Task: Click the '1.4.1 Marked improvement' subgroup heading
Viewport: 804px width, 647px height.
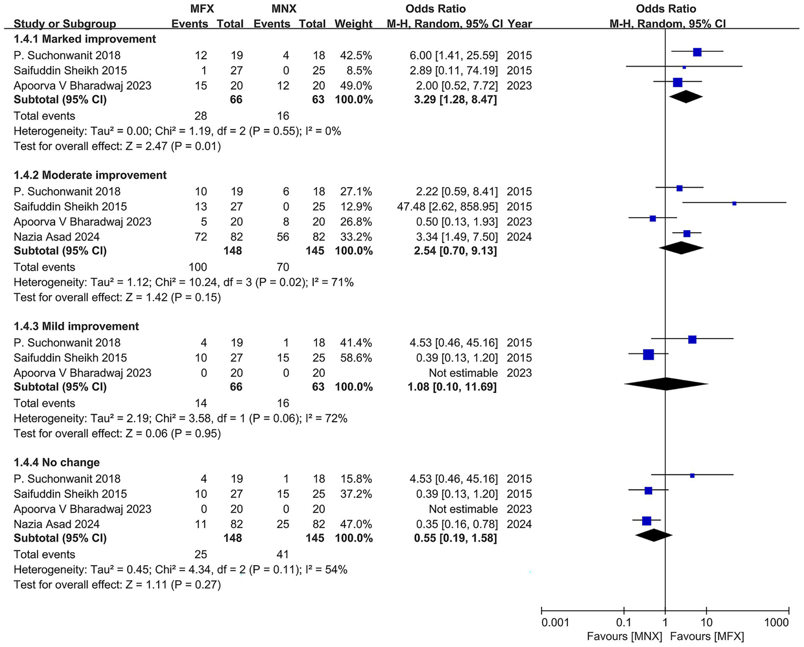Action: click(84, 39)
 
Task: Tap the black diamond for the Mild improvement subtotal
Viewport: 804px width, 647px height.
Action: click(666, 384)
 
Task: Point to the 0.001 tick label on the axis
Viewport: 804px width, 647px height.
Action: click(555, 622)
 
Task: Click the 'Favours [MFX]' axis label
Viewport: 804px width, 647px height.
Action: click(707, 637)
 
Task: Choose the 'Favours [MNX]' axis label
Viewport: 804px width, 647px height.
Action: click(624, 637)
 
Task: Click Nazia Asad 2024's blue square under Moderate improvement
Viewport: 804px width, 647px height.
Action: click(687, 234)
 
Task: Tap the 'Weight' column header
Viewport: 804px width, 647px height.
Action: click(354, 24)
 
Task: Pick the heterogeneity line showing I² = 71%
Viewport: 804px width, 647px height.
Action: click(183, 283)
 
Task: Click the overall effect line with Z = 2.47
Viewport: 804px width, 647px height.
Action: click(117, 146)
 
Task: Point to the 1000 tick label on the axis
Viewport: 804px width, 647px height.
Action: click(776, 622)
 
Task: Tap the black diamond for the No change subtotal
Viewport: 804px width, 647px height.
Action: click(653, 535)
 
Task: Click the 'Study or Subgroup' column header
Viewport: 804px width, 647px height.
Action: click(65, 24)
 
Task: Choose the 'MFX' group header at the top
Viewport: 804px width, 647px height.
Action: click(202, 9)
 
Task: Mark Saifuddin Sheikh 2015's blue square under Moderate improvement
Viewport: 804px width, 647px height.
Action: click(734, 203)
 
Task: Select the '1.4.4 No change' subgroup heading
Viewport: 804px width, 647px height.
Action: click(57, 462)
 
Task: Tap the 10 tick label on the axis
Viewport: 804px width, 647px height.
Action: click(706, 622)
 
